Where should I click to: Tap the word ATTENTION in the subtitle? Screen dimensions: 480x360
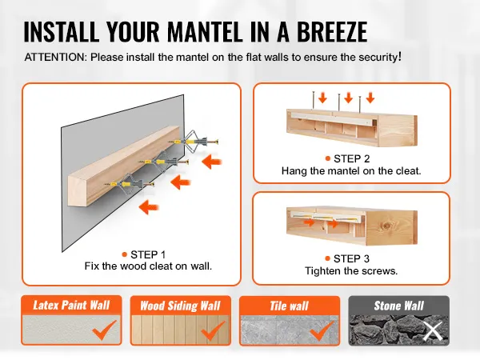coord(56,58)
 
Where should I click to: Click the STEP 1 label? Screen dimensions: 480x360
coord(148,254)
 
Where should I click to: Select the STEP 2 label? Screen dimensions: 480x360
coord(352,158)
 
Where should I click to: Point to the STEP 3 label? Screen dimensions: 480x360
coord(351,258)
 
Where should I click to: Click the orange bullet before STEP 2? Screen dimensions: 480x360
coord(328,158)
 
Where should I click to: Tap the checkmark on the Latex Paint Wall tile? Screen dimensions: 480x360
coord(105,330)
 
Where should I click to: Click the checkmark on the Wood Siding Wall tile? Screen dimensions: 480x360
coord(214,330)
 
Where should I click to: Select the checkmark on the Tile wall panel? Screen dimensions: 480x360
coord(322,330)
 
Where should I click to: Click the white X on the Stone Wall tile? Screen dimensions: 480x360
coord(433,331)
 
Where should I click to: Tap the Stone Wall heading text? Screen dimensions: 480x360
coord(399,306)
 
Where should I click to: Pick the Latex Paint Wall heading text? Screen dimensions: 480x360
coord(71,306)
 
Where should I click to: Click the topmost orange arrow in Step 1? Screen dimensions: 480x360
coord(212,162)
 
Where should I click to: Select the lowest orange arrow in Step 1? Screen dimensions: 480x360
coord(149,207)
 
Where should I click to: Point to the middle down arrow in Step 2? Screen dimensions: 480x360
coord(348,98)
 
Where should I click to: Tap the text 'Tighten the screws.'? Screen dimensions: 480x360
coord(351,271)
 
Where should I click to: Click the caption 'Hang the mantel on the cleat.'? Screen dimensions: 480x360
coord(351,171)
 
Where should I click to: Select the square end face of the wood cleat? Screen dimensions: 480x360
coord(77,190)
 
